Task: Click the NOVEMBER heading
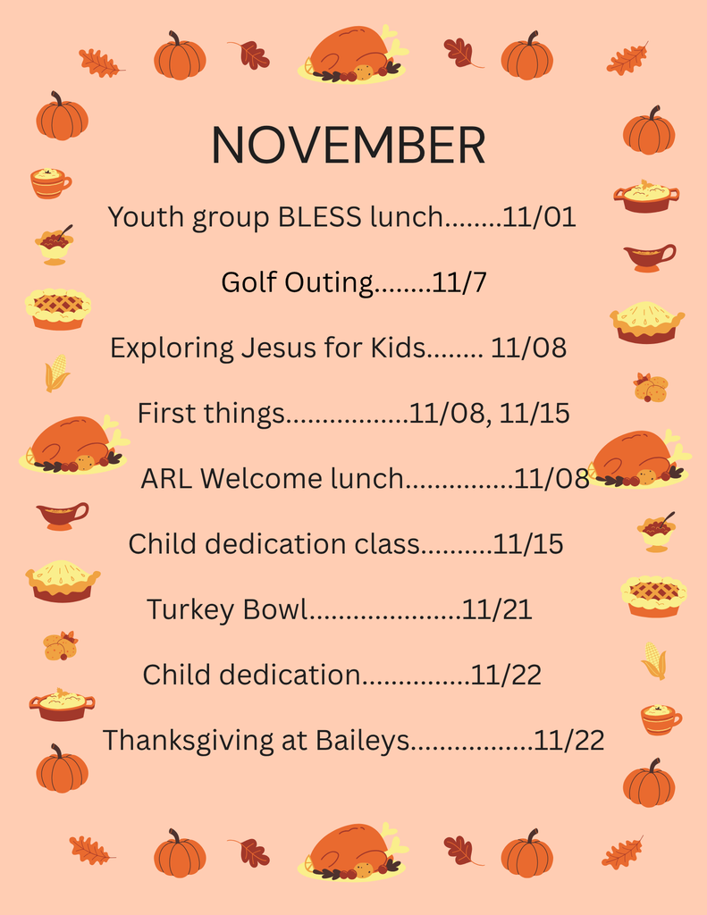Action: point(348,145)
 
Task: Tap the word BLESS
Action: point(319,216)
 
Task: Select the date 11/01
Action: point(539,216)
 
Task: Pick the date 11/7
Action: point(459,281)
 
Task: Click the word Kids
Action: point(398,348)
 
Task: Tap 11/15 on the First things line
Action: point(534,413)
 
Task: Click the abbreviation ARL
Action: point(166,479)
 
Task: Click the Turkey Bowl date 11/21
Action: point(497,609)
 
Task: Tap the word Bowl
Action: point(274,609)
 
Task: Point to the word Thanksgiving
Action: point(188,741)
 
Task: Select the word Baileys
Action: point(362,741)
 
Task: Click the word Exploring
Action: point(172,348)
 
